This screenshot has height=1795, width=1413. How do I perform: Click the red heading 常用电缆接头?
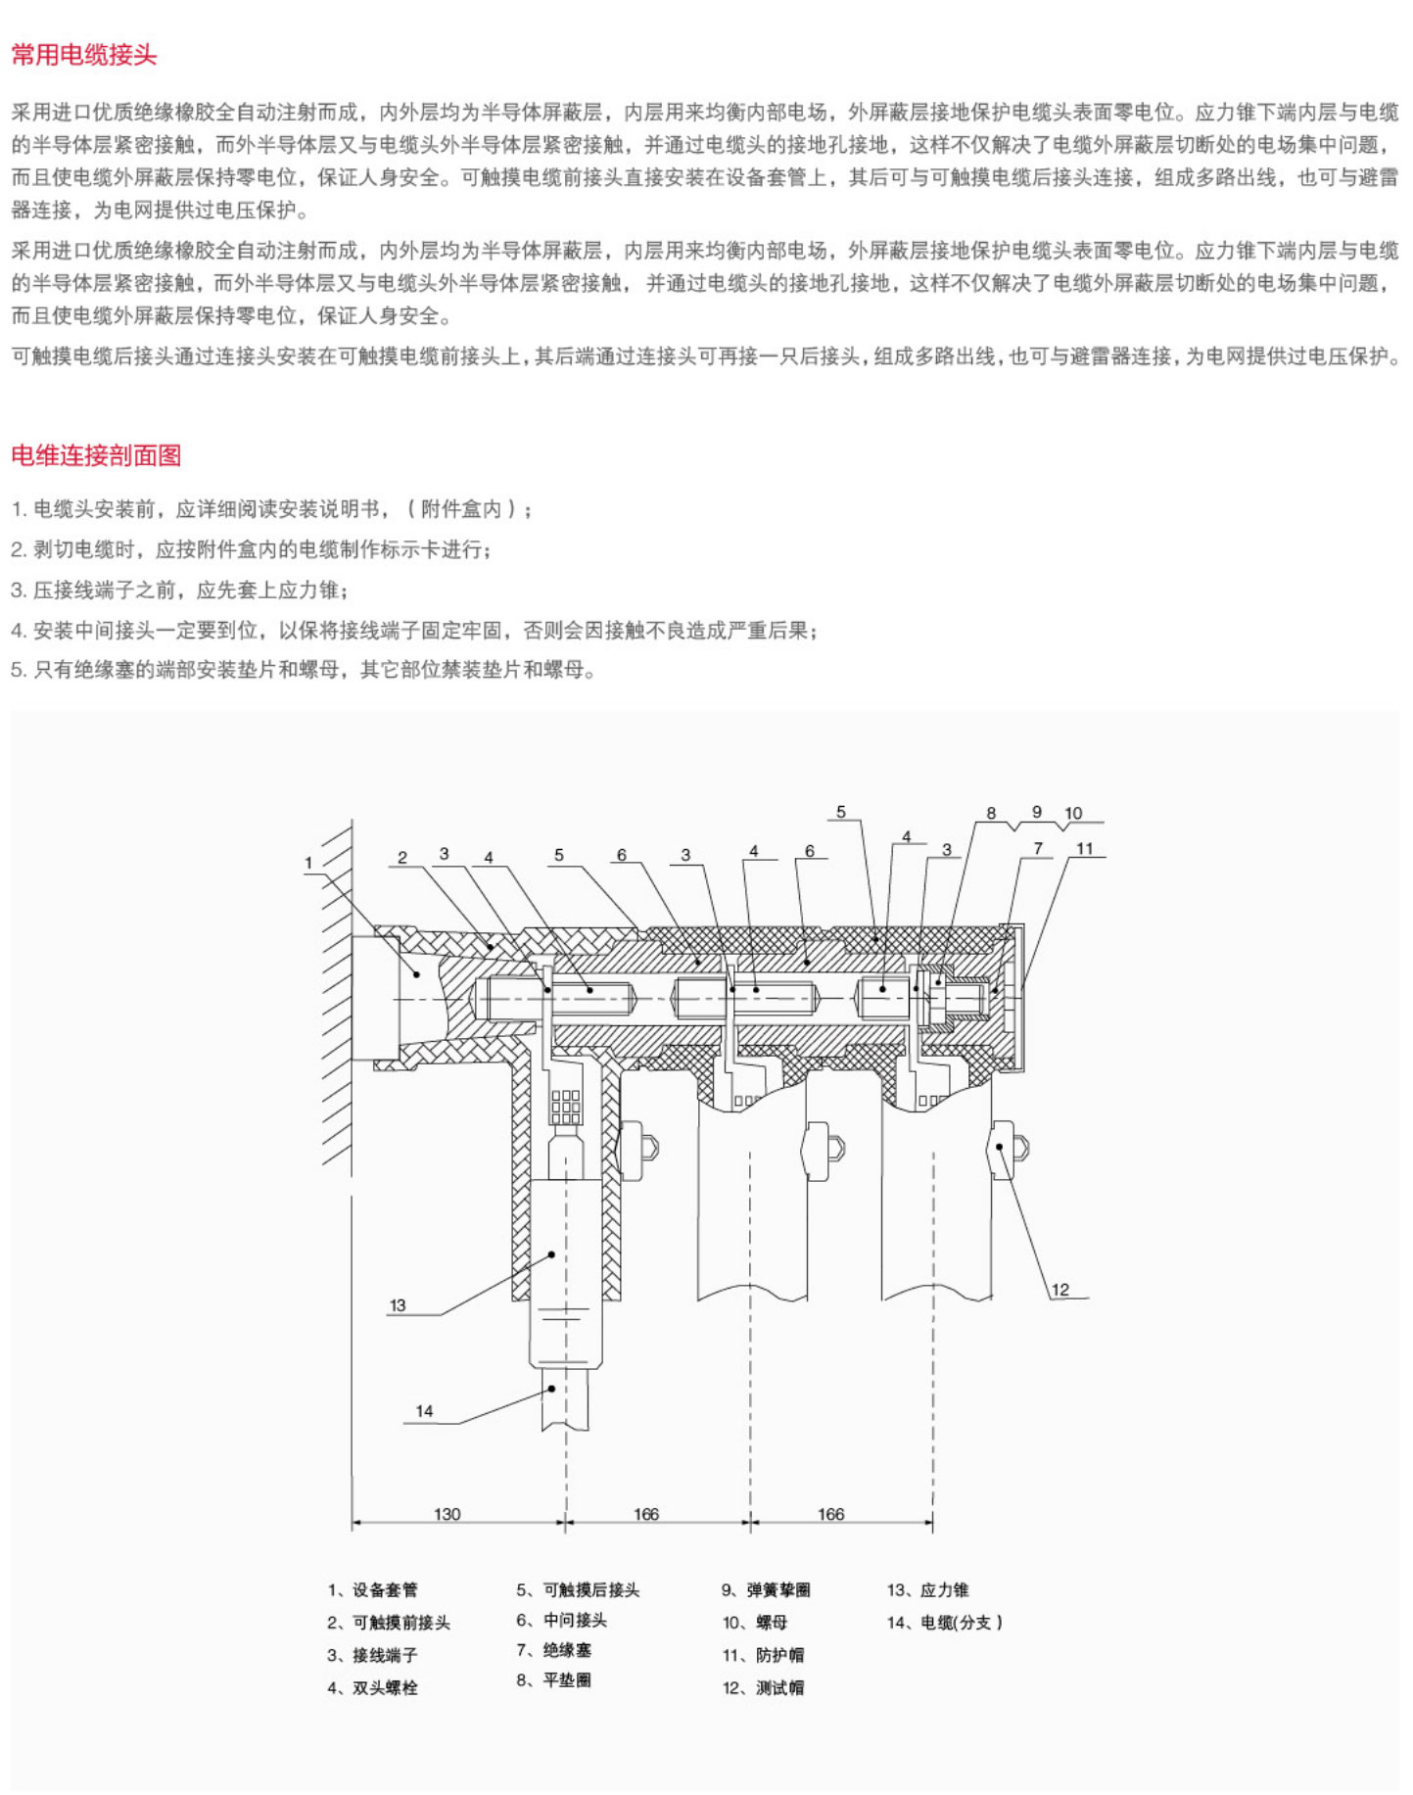point(84,55)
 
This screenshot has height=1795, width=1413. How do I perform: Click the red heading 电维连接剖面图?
point(96,455)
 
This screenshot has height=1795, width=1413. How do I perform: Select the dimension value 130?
point(447,1514)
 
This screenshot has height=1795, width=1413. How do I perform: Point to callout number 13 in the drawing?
point(398,1305)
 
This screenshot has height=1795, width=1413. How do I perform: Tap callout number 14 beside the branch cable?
point(424,1411)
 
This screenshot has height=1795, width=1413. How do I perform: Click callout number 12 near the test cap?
point(1060,1290)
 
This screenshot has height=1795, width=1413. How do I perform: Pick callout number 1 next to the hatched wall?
point(308,863)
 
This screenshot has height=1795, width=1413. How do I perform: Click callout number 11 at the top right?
point(1084,849)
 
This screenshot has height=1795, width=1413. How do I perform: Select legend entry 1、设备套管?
point(373,1590)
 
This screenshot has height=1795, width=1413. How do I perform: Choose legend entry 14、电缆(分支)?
point(945,1623)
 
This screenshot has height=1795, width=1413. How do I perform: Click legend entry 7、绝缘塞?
point(554,1650)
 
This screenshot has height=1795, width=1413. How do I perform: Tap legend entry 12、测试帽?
point(764,1687)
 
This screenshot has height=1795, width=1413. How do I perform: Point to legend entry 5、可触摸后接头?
point(578,1590)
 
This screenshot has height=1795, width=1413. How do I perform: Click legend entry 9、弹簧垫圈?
point(766,1590)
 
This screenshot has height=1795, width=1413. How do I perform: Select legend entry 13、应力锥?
point(928,1590)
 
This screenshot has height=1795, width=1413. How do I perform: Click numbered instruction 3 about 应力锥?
point(180,590)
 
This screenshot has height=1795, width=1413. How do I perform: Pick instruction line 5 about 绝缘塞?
point(304,670)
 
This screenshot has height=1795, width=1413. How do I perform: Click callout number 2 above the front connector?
point(402,858)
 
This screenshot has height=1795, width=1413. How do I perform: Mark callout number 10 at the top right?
point(1073,813)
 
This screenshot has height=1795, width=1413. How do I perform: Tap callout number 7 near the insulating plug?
point(1038,848)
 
